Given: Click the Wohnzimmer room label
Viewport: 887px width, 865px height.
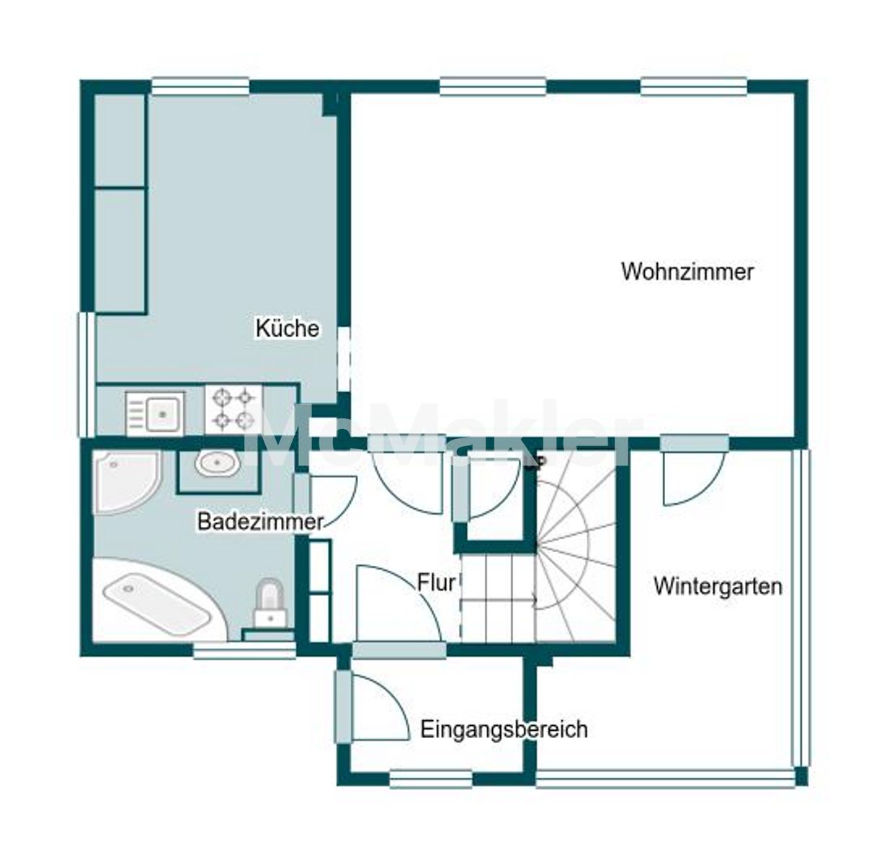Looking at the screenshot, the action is click(687, 272).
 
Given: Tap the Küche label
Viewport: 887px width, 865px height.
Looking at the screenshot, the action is click(288, 329).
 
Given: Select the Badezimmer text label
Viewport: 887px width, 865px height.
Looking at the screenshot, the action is click(260, 522).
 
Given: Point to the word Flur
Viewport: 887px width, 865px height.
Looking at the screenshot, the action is click(436, 583).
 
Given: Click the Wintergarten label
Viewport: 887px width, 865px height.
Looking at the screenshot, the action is click(718, 586).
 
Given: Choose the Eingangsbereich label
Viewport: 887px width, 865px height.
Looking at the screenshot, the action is click(504, 729).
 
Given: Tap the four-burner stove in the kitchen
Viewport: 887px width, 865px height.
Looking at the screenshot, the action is click(233, 409).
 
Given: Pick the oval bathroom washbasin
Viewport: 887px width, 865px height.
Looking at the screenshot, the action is click(217, 463).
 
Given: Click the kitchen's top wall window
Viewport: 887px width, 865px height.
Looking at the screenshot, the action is click(200, 86).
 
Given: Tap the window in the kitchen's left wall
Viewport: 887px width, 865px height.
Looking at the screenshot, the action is click(87, 375).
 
